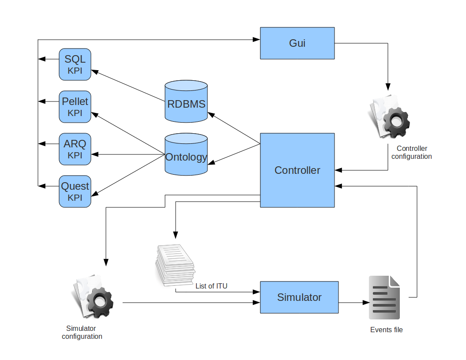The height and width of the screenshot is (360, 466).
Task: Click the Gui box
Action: point(297,43)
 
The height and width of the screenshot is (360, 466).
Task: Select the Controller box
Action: point(297,170)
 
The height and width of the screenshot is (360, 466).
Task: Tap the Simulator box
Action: point(299,297)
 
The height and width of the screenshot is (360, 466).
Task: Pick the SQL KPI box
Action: point(75,64)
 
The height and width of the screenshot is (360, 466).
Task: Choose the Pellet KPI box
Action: point(75,107)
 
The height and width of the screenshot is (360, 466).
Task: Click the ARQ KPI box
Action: point(75,149)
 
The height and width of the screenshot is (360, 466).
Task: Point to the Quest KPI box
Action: point(75,191)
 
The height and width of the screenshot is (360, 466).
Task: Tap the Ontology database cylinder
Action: point(186,155)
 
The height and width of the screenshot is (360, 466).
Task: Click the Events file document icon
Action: point(384,297)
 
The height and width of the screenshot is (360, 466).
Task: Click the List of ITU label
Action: point(211,286)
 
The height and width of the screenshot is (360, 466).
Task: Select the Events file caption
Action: point(386,330)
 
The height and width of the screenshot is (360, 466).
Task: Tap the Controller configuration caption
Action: point(412,152)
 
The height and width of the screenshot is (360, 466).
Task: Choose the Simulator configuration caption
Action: point(82,332)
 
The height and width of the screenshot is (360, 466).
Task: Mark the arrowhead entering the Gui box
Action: point(257,40)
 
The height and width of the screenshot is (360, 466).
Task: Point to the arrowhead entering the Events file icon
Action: point(366,303)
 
